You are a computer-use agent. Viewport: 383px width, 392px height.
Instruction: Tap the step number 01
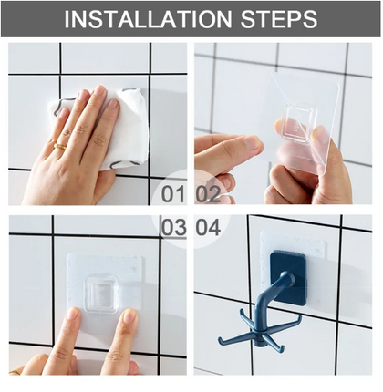(173, 193)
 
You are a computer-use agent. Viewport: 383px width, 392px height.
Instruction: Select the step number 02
(209, 193)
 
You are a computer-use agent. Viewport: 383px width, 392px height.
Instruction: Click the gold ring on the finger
(60, 145)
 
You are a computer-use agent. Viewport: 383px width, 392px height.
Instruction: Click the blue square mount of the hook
(283, 266)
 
